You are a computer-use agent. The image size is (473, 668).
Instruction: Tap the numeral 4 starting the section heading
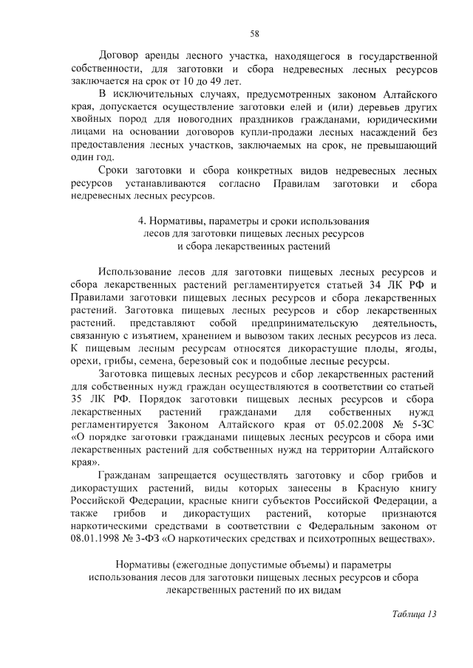pyautogui.click(x=141, y=221)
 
